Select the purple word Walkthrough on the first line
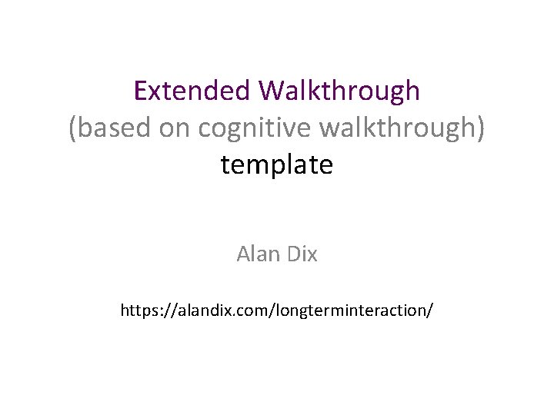[x=339, y=91]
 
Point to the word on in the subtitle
[x=173, y=128]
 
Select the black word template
[x=277, y=164]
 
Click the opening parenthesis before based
[x=73, y=128]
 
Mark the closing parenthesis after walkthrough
[x=481, y=128]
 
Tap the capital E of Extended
[x=140, y=91]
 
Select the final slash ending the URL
[x=430, y=311]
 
